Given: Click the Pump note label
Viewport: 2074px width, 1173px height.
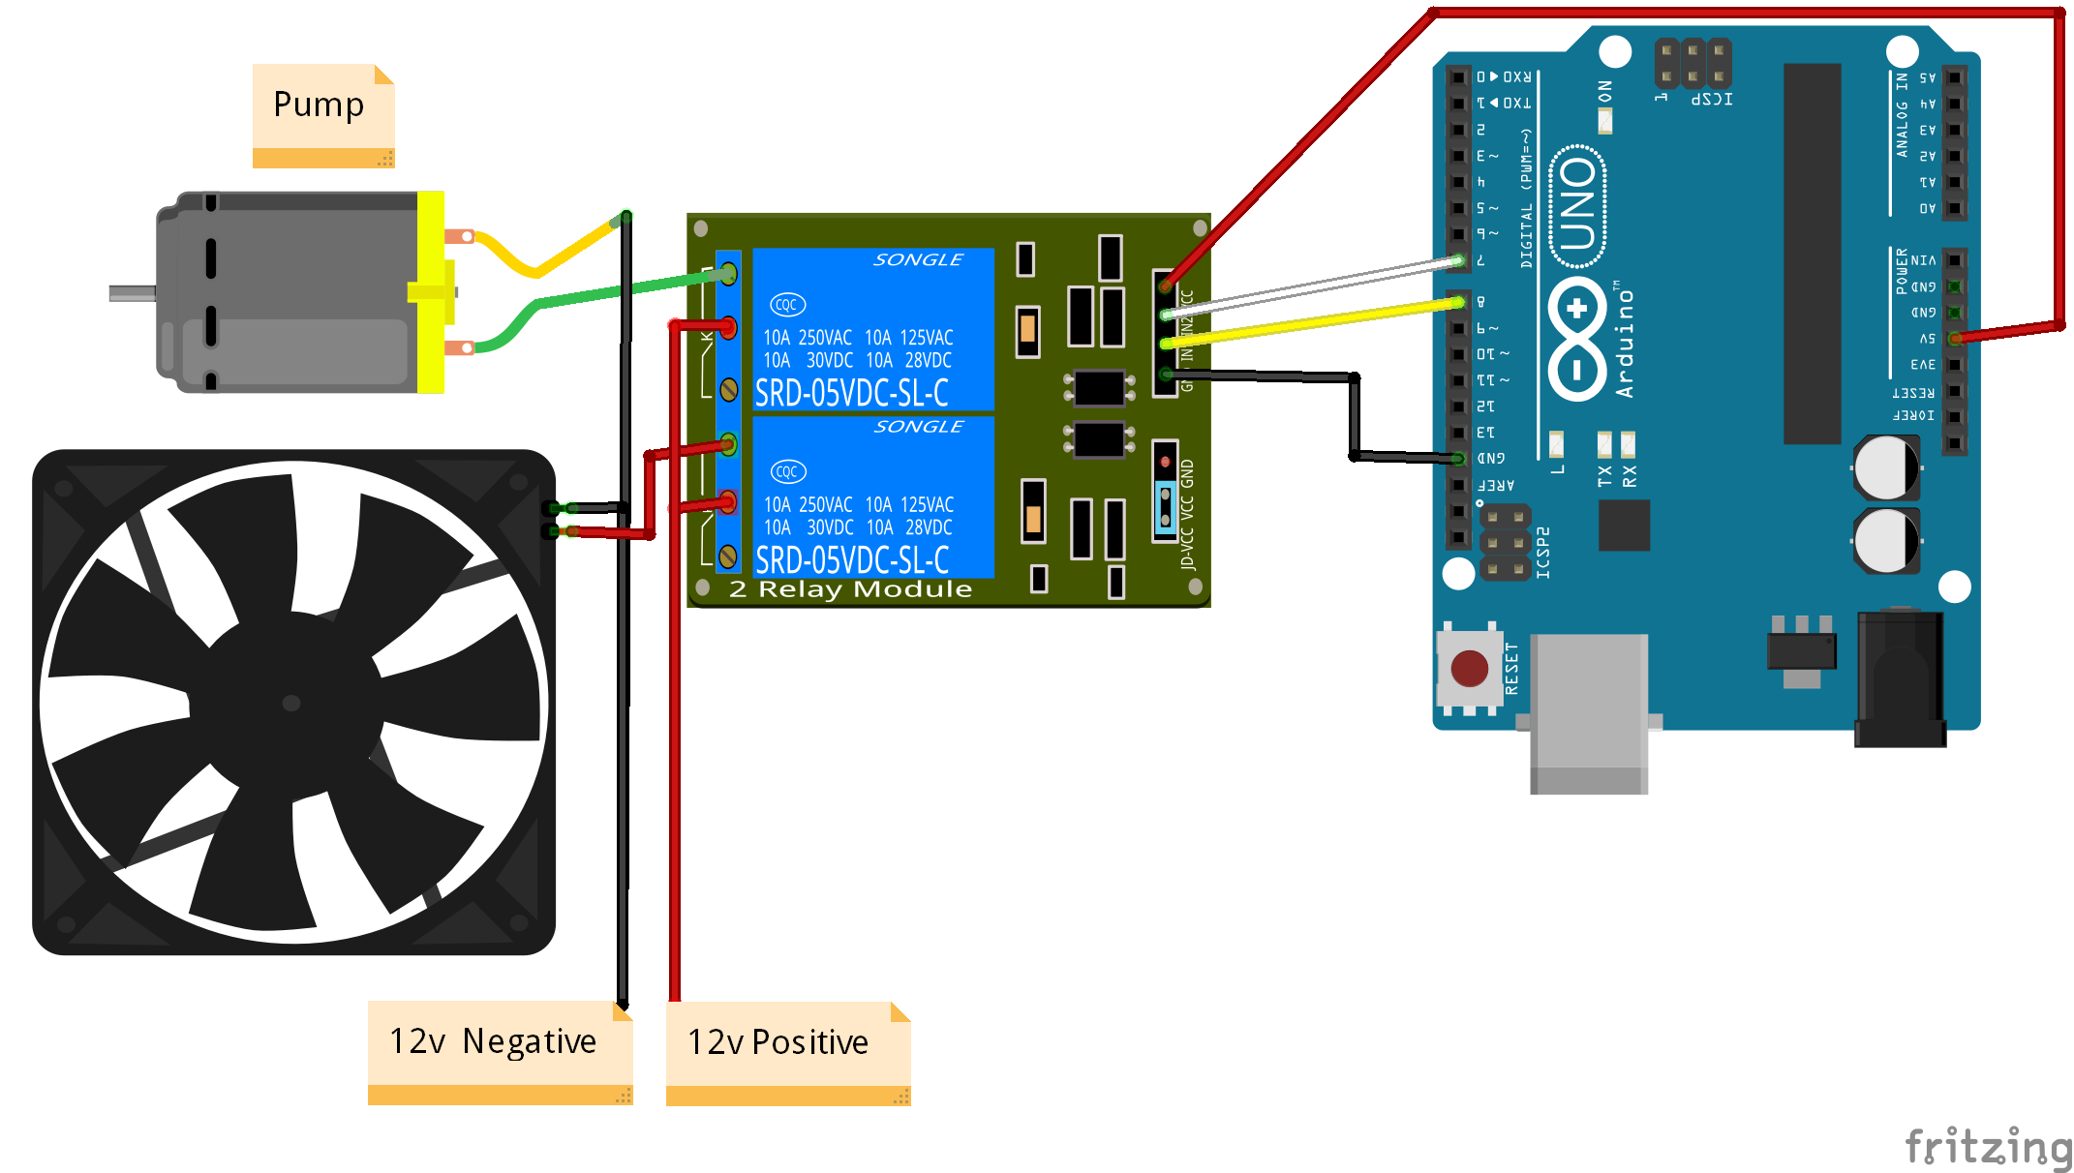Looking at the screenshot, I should pos(320,105).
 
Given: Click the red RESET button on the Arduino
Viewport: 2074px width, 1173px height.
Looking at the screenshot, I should pos(1469,668).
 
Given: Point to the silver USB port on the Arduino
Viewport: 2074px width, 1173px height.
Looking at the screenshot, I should pos(1588,711).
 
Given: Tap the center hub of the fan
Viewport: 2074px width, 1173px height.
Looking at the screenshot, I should pos(291,703).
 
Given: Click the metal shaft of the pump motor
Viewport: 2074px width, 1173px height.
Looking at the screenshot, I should pos(132,292).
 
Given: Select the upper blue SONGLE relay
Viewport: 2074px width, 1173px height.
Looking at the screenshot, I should pos(871,329).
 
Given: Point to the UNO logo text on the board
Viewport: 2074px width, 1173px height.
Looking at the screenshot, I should pos(1578,204).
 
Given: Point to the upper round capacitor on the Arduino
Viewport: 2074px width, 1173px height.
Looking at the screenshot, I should pos(1885,468).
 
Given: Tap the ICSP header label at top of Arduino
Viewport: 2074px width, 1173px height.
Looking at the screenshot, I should pos(1711,99).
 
